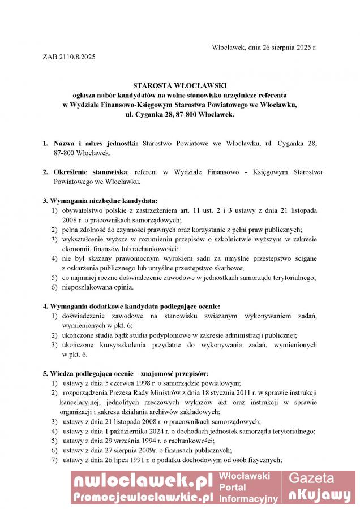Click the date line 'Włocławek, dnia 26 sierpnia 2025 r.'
264,47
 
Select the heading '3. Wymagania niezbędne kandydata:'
100,201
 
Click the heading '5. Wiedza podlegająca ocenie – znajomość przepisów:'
126,373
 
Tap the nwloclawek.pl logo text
142,481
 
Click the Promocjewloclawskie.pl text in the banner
142,497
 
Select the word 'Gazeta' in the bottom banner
312,478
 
